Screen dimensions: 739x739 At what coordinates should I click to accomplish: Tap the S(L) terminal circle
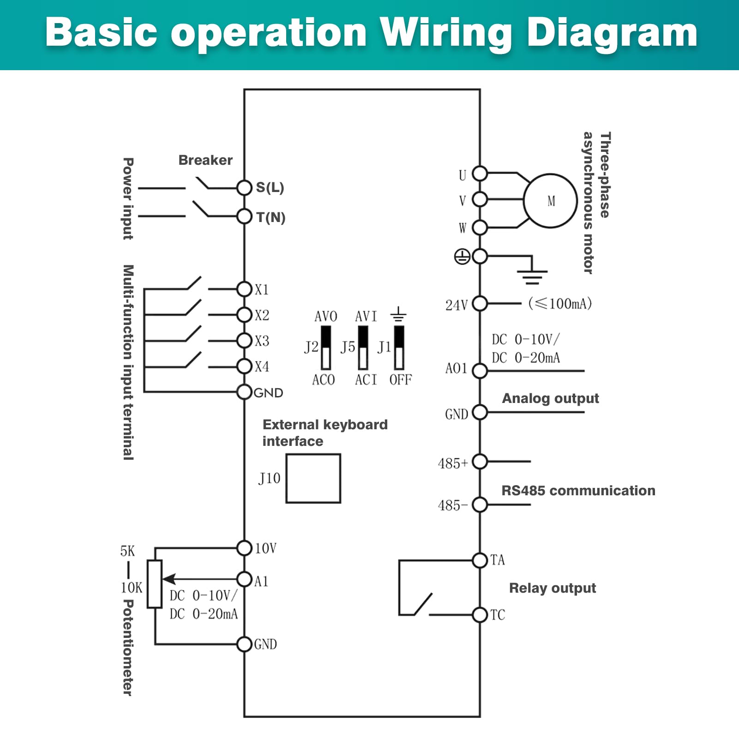244,187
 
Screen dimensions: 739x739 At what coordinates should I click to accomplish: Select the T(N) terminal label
271,217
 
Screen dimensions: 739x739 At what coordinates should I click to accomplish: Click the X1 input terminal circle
244,289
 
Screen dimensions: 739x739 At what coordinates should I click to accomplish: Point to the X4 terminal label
262,366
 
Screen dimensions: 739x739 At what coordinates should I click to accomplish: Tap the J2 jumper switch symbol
326,348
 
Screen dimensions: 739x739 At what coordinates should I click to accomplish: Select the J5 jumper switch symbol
363,348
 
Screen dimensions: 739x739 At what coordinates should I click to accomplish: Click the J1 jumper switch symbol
399,348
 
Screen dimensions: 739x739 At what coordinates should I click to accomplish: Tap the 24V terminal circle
480,304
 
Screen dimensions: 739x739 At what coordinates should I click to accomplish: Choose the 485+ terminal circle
480,461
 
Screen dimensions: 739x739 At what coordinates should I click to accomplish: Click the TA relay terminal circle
480,560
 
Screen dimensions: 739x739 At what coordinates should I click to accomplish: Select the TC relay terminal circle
480,615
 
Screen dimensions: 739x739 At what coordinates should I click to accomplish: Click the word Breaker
205,160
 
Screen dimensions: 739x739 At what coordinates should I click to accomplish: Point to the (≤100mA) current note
560,303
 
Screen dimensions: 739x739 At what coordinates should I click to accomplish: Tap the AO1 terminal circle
480,371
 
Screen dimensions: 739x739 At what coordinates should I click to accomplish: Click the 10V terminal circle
244,548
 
